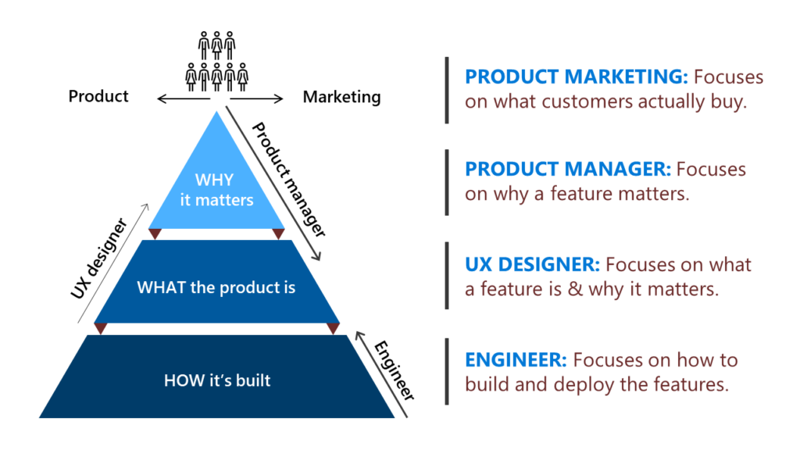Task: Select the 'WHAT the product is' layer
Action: click(216, 287)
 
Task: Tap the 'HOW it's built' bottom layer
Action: click(217, 381)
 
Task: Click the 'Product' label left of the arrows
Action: click(98, 97)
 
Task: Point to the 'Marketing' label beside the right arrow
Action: click(341, 98)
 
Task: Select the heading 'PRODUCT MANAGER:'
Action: click(567, 169)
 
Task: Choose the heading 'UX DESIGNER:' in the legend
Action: click(532, 264)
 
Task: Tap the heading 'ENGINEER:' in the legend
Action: click(516, 360)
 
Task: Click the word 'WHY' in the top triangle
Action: click(214, 181)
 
